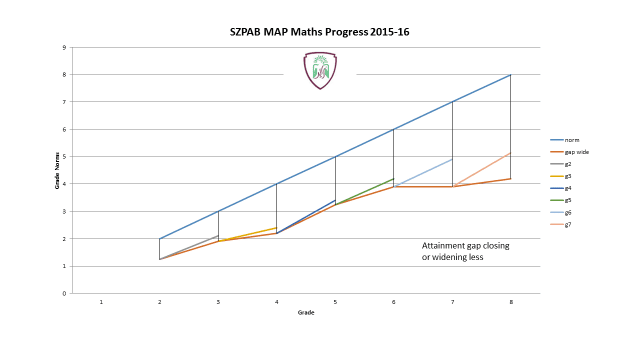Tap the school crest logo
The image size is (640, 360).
click(320, 70)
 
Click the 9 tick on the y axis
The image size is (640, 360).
click(64, 47)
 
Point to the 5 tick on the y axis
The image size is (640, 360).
click(64, 157)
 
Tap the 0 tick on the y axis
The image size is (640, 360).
click(64, 294)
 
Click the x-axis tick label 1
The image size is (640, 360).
click(101, 301)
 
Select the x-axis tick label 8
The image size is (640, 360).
click(511, 301)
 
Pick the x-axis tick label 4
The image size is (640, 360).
click(276, 301)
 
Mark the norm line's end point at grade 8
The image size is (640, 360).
click(511, 75)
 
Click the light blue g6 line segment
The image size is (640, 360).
click(424, 172)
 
